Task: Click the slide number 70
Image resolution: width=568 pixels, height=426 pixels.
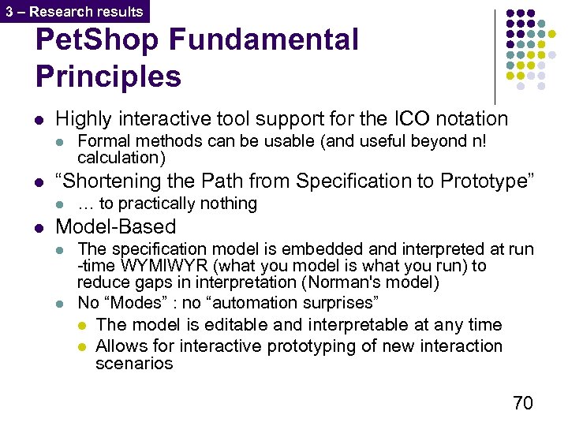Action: [522, 403]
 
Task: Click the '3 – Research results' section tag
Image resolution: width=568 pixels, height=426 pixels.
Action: [74, 11]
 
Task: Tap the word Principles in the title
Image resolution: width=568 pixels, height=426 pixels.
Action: [108, 77]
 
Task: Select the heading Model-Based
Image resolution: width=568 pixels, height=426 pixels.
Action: [115, 227]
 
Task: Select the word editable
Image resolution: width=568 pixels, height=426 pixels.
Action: [232, 324]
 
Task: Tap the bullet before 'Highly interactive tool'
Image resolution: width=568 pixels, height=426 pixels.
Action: [39, 120]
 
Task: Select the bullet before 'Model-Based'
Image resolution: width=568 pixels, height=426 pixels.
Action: [39, 228]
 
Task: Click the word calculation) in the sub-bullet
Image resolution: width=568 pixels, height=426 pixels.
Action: [121, 158]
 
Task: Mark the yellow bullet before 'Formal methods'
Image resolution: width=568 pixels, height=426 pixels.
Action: [60, 142]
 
